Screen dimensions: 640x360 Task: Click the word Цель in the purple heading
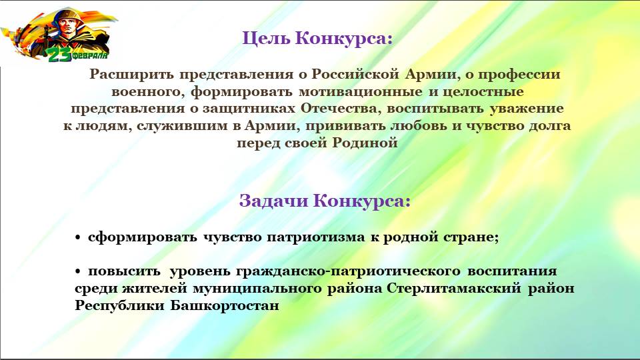(x=266, y=39)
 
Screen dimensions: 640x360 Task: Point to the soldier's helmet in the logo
(x=65, y=16)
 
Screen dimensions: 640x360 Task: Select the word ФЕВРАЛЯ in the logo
(x=91, y=55)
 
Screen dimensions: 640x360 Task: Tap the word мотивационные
(x=361, y=91)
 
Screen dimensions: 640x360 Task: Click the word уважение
(x=527, y=109)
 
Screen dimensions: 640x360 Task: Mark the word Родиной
(x=365, y=143)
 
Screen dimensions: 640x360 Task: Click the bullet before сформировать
(x=78, y=238)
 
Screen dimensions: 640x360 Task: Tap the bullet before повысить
(x=78, y=271)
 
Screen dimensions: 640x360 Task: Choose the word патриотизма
(x=316, y=237)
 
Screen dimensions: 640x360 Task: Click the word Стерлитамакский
(x=454, y=289)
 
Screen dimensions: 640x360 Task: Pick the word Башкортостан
(x=225, y=306)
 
